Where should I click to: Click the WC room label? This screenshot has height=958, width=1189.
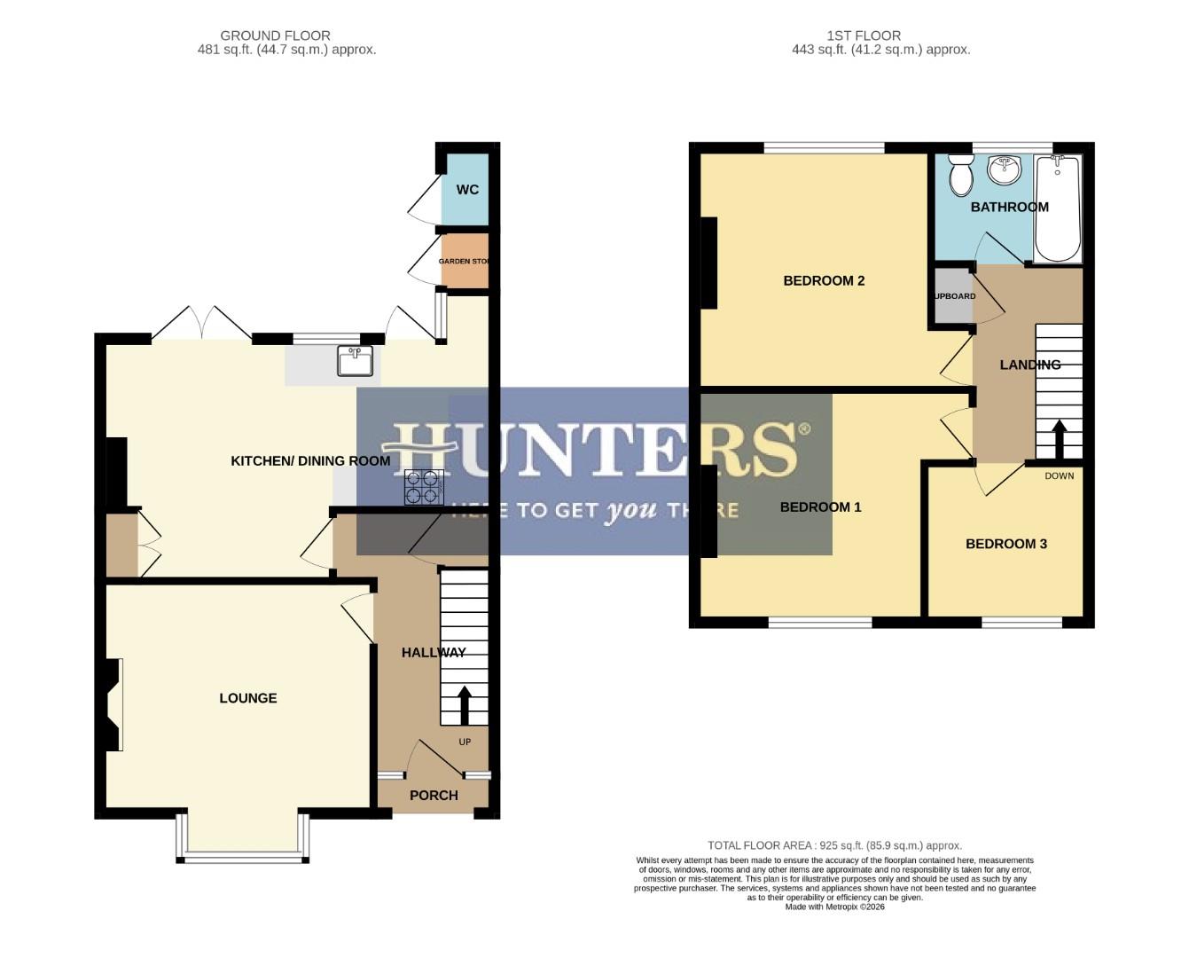467,190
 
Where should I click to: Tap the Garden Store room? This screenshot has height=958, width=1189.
465,262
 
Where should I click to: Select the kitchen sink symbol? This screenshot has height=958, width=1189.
355,361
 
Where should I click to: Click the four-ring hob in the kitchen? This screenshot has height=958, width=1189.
424,487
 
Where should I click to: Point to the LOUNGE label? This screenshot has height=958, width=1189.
248,698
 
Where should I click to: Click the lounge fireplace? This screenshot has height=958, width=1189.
113,705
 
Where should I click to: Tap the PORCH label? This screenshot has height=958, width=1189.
434,796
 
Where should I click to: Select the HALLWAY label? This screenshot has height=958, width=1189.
433,653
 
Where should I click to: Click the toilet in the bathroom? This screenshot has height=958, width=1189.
960,176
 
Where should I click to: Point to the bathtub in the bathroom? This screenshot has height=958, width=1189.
1058,208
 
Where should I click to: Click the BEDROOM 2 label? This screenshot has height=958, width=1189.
824,281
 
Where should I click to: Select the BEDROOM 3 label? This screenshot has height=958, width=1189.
1005,544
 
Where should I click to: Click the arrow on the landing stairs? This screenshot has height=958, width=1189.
1059,437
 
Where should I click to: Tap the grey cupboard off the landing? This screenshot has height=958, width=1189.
952,296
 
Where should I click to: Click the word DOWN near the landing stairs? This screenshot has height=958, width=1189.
1059,476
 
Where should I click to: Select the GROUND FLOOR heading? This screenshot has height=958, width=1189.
275,35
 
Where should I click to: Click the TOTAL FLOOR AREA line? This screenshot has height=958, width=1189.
833,845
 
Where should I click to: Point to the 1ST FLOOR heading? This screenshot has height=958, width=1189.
864,35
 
